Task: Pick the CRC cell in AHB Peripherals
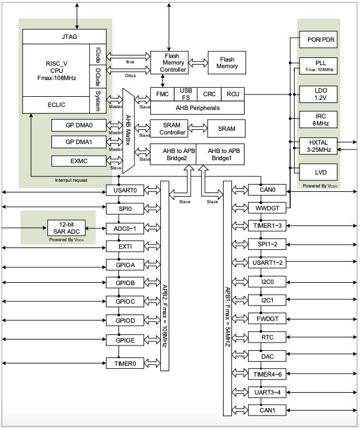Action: click(209, 94)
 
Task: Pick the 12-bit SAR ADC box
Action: click(66, 227)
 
